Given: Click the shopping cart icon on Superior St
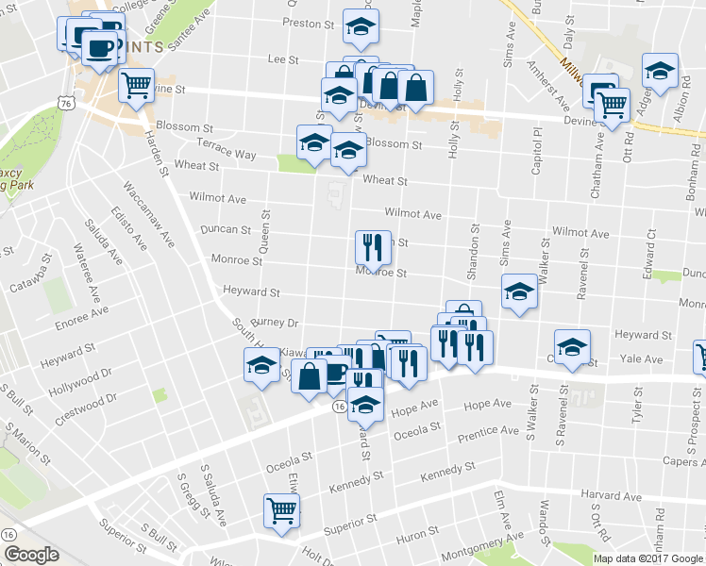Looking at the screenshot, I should (282, 511).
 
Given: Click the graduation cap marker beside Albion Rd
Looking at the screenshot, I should (661, 70).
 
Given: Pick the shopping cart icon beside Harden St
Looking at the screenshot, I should (137, 85).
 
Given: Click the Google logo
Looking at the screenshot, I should (31, 555).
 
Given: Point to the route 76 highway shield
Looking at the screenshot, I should (65, 101).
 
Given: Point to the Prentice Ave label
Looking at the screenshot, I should (488, 436).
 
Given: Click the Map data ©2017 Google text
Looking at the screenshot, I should (647, 558).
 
